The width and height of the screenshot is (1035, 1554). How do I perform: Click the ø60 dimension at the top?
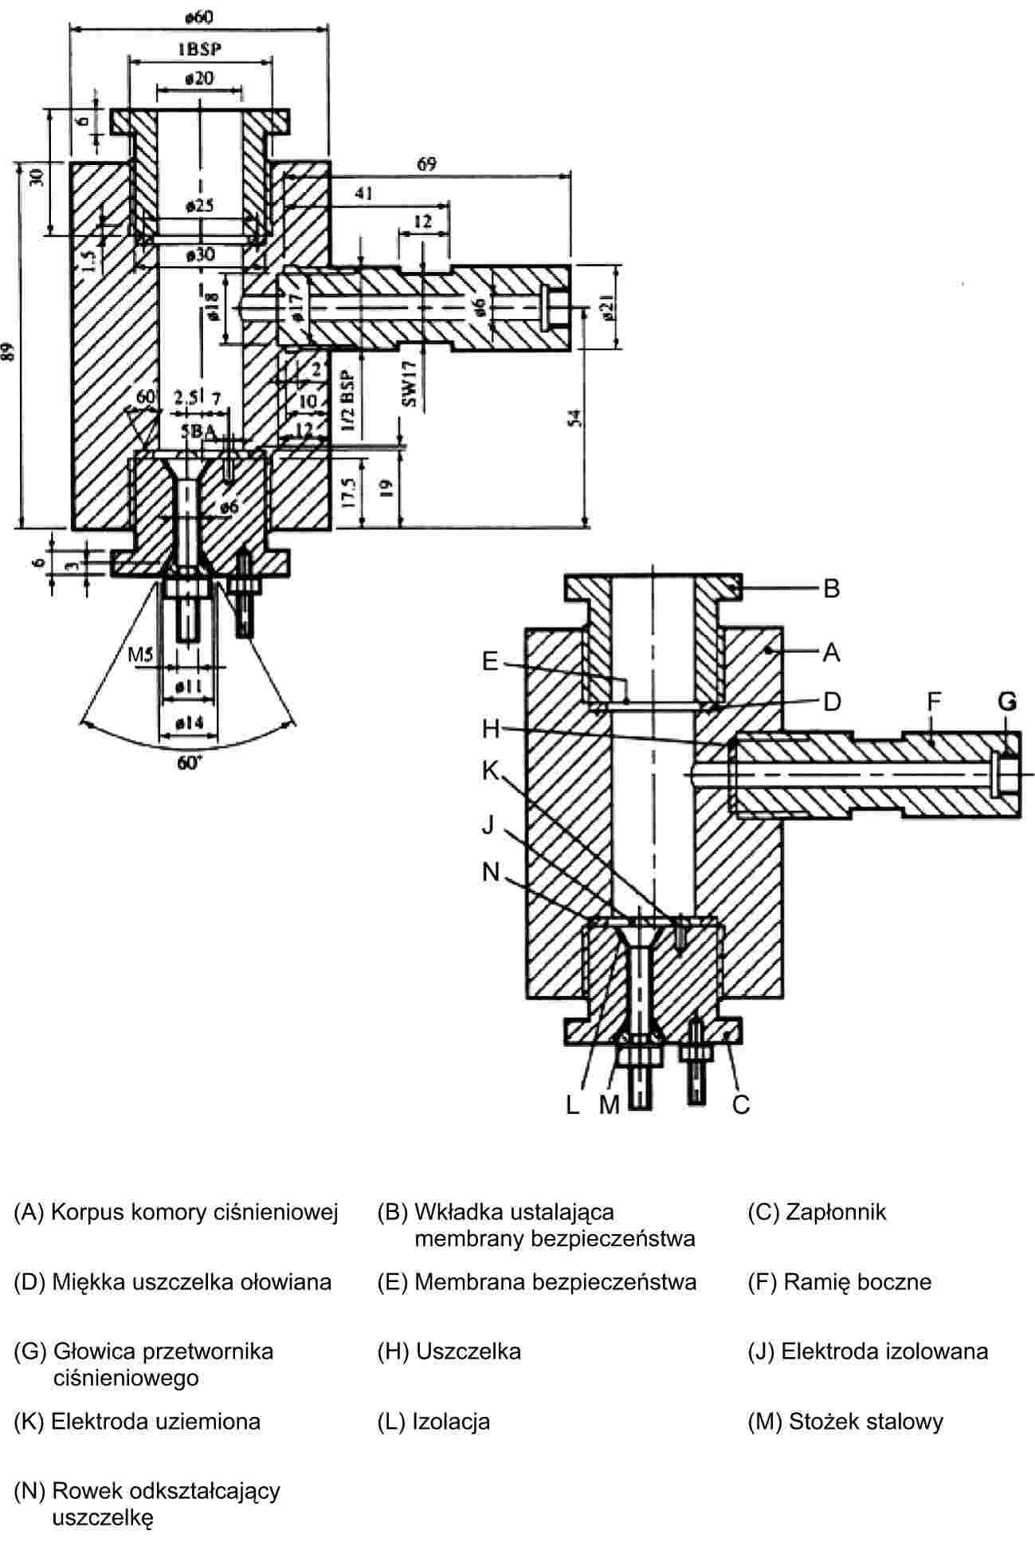point(198,16)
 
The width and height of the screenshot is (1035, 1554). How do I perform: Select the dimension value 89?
point(9,352)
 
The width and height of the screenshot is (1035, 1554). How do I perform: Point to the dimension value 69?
point(427,164)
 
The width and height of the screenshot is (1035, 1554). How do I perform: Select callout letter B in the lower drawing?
point(832,588)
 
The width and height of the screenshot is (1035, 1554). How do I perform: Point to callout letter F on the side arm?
point(934,702)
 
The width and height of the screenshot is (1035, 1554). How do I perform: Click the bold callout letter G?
point(1007,701)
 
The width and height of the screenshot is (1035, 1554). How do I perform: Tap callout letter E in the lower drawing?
point(490,661)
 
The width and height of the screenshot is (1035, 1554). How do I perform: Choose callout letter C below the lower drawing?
point(741,1105)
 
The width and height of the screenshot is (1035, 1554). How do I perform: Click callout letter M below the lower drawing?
point(610,1105)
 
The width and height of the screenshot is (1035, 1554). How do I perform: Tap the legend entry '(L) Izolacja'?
point(433,1421)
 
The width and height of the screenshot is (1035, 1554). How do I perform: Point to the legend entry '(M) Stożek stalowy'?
point(845,1421)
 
